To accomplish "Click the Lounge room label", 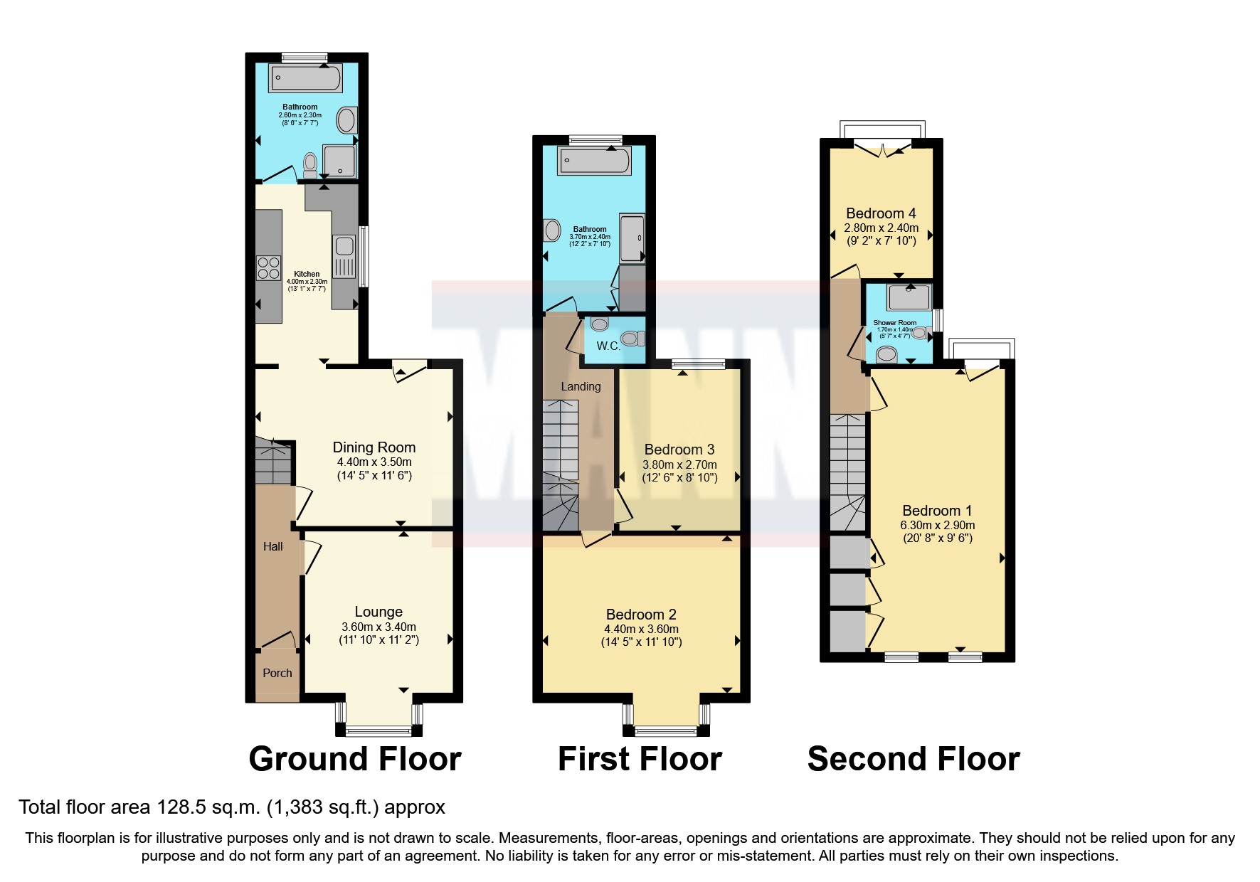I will point(378,612).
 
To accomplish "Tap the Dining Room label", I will point(374,447).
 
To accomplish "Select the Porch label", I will point(277,673).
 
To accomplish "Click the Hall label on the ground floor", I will point(273,546).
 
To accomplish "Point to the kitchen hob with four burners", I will point(268,267).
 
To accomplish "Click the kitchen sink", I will point(344,247).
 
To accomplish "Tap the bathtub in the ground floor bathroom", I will point(305,78).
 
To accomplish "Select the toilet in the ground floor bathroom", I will point(310,165).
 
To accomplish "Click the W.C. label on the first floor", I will point(608,346).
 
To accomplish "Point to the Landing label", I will point(581,386).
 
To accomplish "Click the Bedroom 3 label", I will point(679,450).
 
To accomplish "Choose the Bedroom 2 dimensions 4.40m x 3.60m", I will point(641,629).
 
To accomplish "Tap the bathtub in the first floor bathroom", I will point(595,161).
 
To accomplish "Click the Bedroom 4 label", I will point(881,213).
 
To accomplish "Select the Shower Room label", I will point(895,323).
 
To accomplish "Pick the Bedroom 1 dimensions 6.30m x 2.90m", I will point(938,525).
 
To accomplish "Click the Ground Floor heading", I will point(355,759).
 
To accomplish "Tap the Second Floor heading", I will point(914,759).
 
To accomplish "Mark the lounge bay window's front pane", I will point(378,730).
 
